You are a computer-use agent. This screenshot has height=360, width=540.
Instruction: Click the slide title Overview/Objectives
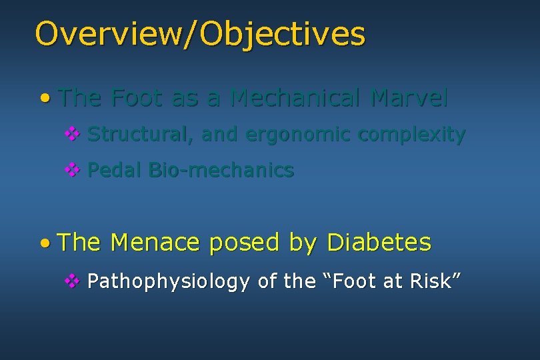[x=200, y=33]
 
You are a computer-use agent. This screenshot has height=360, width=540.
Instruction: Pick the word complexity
[x=411, y=135]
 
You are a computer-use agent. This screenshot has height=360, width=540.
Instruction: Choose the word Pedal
[x=115, y=171]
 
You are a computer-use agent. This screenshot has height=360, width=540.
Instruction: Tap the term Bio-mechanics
[x=221, y=171]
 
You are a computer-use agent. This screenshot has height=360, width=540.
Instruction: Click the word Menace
[x=155, y=243]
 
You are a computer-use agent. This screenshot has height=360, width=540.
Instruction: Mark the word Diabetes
[x=379, y=243]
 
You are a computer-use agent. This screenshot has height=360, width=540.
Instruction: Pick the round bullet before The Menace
[x=44, y=243]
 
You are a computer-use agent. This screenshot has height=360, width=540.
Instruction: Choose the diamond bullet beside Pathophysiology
[x=71, y=281]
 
